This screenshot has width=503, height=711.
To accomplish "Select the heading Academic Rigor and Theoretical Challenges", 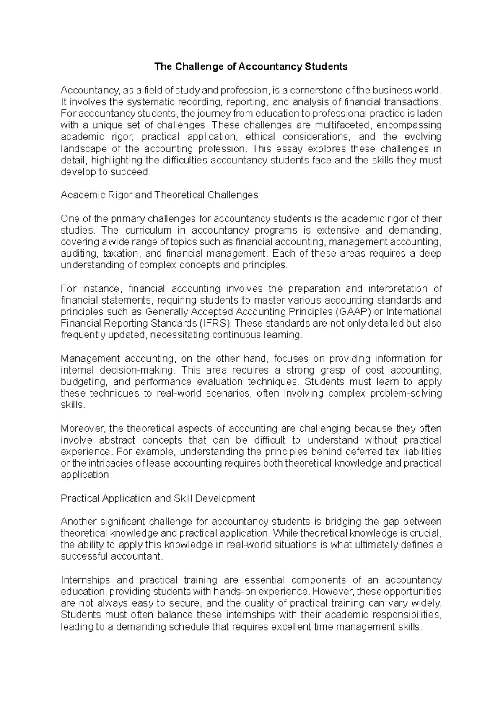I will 159,195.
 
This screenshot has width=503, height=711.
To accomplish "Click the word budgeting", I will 79,382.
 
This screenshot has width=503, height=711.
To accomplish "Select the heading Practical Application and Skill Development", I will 158,498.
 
